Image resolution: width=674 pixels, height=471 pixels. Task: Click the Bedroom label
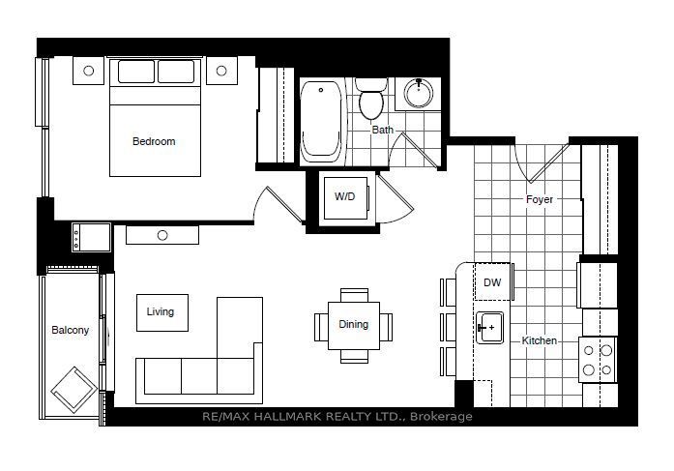pyautogui.click(x=154, y=141)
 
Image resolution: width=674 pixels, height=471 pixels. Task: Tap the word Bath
pyautogui.click(x=383, y=130)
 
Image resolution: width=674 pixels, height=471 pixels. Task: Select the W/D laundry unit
pyautogui.click(x=346, y=197)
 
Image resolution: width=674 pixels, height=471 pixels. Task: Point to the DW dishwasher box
pyautogui.click(x=492, y=281)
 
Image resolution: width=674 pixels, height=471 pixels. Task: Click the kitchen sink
pyautogui.click(x=489, y=328)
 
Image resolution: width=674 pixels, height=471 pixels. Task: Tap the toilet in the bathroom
pyautogui.click(x=371, y=99)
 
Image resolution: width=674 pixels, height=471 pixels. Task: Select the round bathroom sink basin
pyautogui.click(x=419, y=93)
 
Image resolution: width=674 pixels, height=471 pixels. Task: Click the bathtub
pyautogui.click(x=321, y=122)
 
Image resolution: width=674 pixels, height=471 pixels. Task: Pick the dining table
pyautogui.click(x=354, y=326)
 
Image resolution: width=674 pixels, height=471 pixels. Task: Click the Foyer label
pyautogui.click(x=540, y=199)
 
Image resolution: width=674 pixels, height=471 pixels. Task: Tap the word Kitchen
pyautogui.click(x=539, y=340)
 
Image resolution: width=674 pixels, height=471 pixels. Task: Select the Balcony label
pyautogui.click(x=70, y=330)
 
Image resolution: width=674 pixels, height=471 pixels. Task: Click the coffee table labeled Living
pyautogui.click(x=162, y=312)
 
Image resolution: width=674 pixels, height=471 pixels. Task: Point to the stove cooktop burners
pyautogui.click(x=598, y=360)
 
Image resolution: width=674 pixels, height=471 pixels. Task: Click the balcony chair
pyautogui.click(x=73, y=390)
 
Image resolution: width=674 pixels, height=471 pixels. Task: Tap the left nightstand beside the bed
pyautogui.click(x=89, y=71)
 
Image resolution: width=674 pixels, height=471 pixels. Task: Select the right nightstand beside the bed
pyautogui.click(x=221, y=71)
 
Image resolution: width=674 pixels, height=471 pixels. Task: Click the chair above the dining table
pyautogui.click(x=354, y=295)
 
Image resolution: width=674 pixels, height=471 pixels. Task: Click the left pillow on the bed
pyautogui.click(x=135, y=72)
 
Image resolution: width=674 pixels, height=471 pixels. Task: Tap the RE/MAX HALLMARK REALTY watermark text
pyautogui.click(x=337, y=417)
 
